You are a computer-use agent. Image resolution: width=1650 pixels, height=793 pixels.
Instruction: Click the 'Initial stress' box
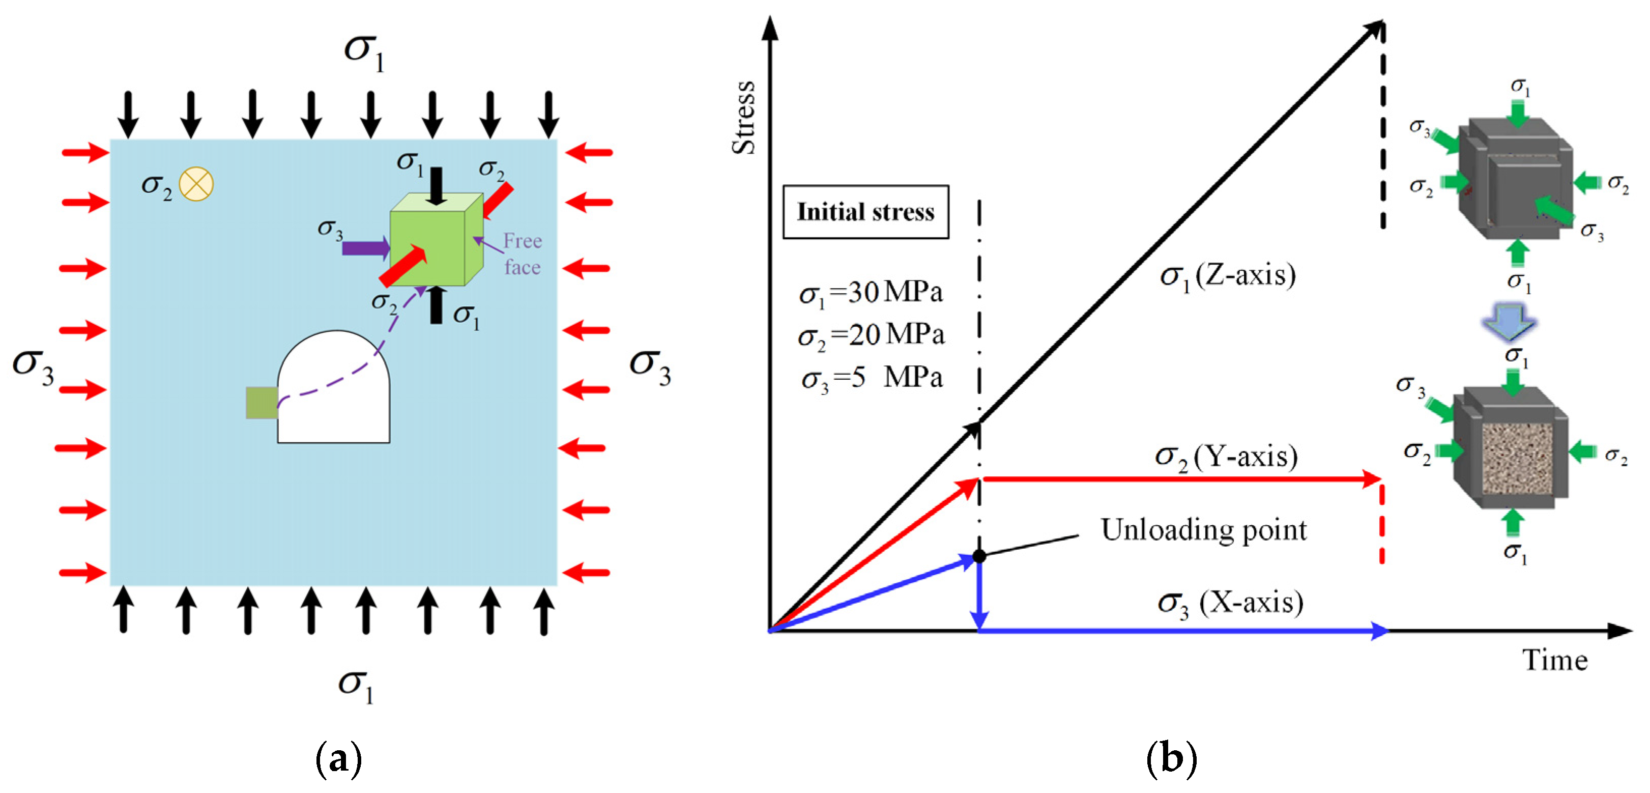coord(865,212)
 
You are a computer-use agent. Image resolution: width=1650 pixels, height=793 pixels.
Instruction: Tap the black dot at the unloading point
coord(979,555)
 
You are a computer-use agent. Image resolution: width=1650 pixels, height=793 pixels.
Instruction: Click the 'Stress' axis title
coord(744,118)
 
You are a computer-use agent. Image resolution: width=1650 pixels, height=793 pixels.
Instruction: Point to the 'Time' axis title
coord(1554,660)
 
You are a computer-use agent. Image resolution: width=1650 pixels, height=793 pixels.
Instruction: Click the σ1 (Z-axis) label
coord(1227,276)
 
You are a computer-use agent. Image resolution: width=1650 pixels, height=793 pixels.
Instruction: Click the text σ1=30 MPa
coord(871,293)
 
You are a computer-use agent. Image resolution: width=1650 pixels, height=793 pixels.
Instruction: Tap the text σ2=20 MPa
coord(871,335)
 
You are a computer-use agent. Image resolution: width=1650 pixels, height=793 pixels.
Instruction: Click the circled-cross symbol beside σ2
coord(196,184)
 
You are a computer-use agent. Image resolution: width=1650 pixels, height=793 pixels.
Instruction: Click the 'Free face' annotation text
coord(522,253)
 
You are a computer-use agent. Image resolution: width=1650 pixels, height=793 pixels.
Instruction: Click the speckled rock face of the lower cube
coord(1517,459)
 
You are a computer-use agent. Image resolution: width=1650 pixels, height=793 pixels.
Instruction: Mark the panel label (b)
coord(1170,759)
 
